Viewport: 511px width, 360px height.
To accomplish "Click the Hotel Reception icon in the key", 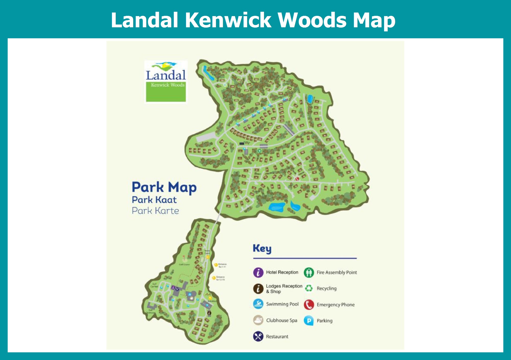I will (x=258, y=272).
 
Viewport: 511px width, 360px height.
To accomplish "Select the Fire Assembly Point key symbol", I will (x=309, y=272).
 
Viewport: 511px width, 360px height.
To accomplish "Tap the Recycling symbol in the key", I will (x=309, y=288).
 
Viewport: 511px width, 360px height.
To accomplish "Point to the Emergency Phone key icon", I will (x=309, y=305).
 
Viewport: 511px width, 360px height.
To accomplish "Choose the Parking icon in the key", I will (x=309, y=321).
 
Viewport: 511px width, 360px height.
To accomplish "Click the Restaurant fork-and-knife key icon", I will (x=258, y=337).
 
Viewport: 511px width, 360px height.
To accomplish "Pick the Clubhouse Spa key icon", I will (x=258, y=320).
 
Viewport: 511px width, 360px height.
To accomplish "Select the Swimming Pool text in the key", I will (x=282, y=304).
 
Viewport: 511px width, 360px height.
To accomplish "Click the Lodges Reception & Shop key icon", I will (x=258, y=289).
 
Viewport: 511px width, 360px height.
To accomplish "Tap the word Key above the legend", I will (x=262, y=248).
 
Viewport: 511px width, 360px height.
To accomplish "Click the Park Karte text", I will (x=155, y=211).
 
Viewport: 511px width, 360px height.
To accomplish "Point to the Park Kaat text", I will (x=154, y=200).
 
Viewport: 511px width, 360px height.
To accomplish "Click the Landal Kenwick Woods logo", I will (x=166, y=81).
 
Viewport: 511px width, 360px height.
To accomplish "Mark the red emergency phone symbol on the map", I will (x=297, y=179).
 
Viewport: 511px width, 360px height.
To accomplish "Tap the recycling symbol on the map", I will (x=225, y=85).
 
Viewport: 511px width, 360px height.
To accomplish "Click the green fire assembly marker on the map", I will (x=259, y=151).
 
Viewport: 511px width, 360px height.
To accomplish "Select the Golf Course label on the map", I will (x=184, y=265).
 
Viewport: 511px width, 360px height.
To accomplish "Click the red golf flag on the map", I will (x=183, y=258).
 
